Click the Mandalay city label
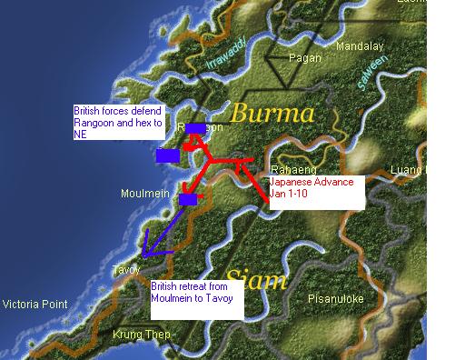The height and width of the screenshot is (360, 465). click(x=361, y=46)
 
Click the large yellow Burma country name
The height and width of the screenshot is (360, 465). click(x=272, y=115)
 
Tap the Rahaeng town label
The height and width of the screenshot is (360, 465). click(x=292, y=170)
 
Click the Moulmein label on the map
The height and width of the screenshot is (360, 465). click(x=144, y=194)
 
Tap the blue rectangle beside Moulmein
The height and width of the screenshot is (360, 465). click(x=188, y=199)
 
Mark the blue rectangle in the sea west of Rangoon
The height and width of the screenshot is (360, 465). click(x=167, y=155)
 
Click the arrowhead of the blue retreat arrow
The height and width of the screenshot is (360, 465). click(x=145, y=254)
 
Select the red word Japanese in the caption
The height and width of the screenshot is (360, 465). click(x=292, y=182)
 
